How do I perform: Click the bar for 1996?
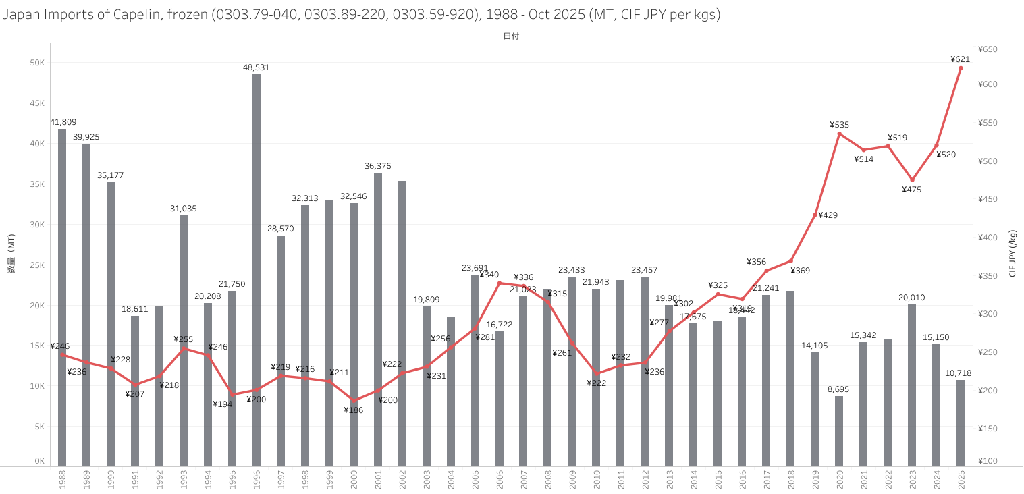[257, 270]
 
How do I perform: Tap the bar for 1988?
[62, 297]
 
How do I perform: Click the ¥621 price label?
[960, 59]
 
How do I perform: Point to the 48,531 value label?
[257, 67]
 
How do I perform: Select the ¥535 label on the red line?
[840, 125]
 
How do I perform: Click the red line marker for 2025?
[961, 68]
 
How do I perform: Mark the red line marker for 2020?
[839, 134]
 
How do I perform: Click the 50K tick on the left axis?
[37, 63]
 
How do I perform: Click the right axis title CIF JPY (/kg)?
[1013, 253]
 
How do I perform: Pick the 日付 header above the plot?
[511, 36]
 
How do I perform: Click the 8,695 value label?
[839, 389]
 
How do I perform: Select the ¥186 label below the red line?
[354, 410]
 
